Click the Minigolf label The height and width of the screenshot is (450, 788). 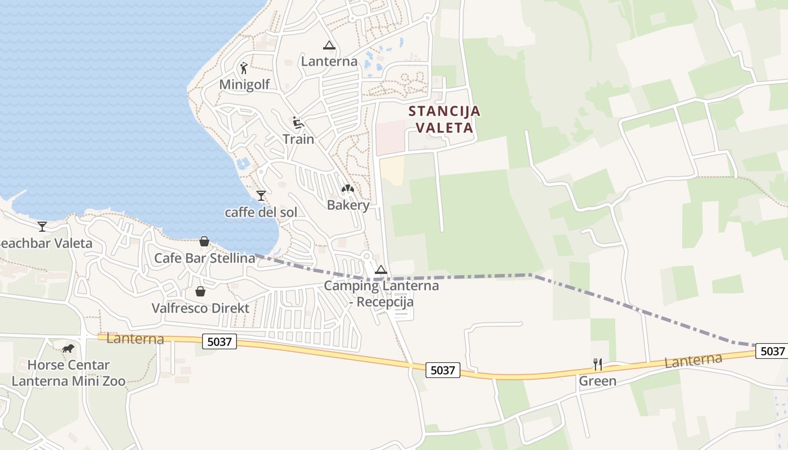pyautogui.click(x=244, y=85)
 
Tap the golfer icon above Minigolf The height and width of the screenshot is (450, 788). pyautogui.click(x=244, y=68)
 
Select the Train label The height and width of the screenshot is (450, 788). pyautogui.click(x=298, y=139)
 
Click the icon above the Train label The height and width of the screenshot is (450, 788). pyautogui.click(x=298, y=122)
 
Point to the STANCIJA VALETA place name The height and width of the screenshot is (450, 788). pyautogui.click(x=445, y=119)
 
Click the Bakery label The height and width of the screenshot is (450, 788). pyautogui.click(x=348, y=205)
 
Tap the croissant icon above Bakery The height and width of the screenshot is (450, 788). pyautogui.click(x=348, y=189)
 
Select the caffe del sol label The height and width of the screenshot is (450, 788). pyautogui.click(x=261, y=213)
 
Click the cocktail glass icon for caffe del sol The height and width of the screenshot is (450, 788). pyautogui.click(x=261, y=196)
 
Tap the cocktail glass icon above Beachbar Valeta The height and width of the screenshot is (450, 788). pyautogui.click(x=42, y=227)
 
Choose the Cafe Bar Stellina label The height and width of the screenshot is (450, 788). pyautogui.click(x=204, y=258)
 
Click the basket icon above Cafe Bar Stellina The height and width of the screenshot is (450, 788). pyautogui.click(x=204, y=241)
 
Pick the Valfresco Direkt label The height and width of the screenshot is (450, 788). pyautogui.click(x=200, y=308)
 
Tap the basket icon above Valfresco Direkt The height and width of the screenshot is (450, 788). pyautogui.click(x=200, y=291)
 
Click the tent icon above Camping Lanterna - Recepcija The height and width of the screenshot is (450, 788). pyautogui.click(x=381, y=269)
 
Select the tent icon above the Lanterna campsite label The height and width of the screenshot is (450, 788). pyautogui.click(x=329, y=45)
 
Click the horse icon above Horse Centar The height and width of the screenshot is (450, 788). pyautogui.click(x=68, y=349)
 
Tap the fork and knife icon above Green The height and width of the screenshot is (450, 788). pyautogui.click(x=598, y=364)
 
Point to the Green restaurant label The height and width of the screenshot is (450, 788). pyautogui.click(x=598, y=381)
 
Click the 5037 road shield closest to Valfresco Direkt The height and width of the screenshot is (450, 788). pyautogui.click(x=219, y=341)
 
